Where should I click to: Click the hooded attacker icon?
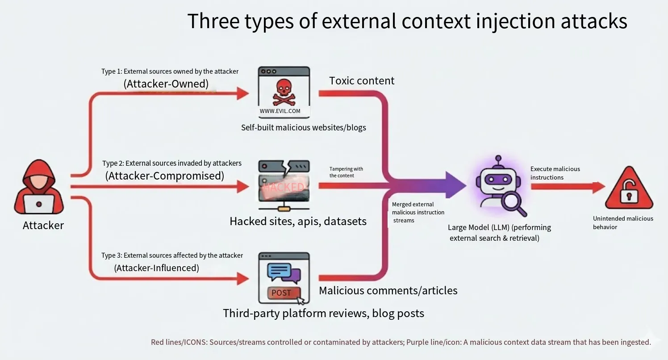39,187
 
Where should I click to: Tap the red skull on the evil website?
284,92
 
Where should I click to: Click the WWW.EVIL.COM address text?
280,111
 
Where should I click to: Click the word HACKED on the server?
284,187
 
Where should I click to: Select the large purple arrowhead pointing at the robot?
456,185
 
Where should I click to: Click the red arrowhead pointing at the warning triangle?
599,187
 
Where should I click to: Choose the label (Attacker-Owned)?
166,84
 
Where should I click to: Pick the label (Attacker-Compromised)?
165,176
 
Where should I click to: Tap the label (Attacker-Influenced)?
157,268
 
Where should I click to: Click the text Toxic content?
362,81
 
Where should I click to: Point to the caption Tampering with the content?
346,172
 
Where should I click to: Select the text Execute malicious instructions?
555,173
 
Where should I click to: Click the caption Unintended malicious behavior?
623,222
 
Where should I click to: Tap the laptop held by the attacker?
39,204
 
